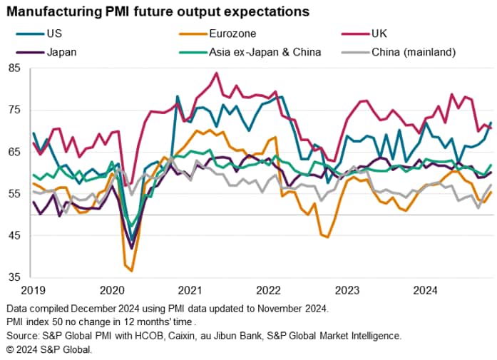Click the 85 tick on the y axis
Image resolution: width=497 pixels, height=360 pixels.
(x=14, y=68)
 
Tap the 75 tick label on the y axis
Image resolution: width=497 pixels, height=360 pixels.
(x=14, y=110)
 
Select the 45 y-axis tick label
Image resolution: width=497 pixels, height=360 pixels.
(x=14, y=236)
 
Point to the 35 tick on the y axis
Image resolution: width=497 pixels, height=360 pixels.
(x=14, y=277)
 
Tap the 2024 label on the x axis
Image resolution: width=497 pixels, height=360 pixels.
(x=426, y=290)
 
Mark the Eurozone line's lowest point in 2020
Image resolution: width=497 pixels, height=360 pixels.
(x=131, y=271)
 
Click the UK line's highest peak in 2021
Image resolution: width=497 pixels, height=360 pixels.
(x=215, y=73)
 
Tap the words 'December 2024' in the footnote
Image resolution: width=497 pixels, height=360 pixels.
(x=106, y=309)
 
